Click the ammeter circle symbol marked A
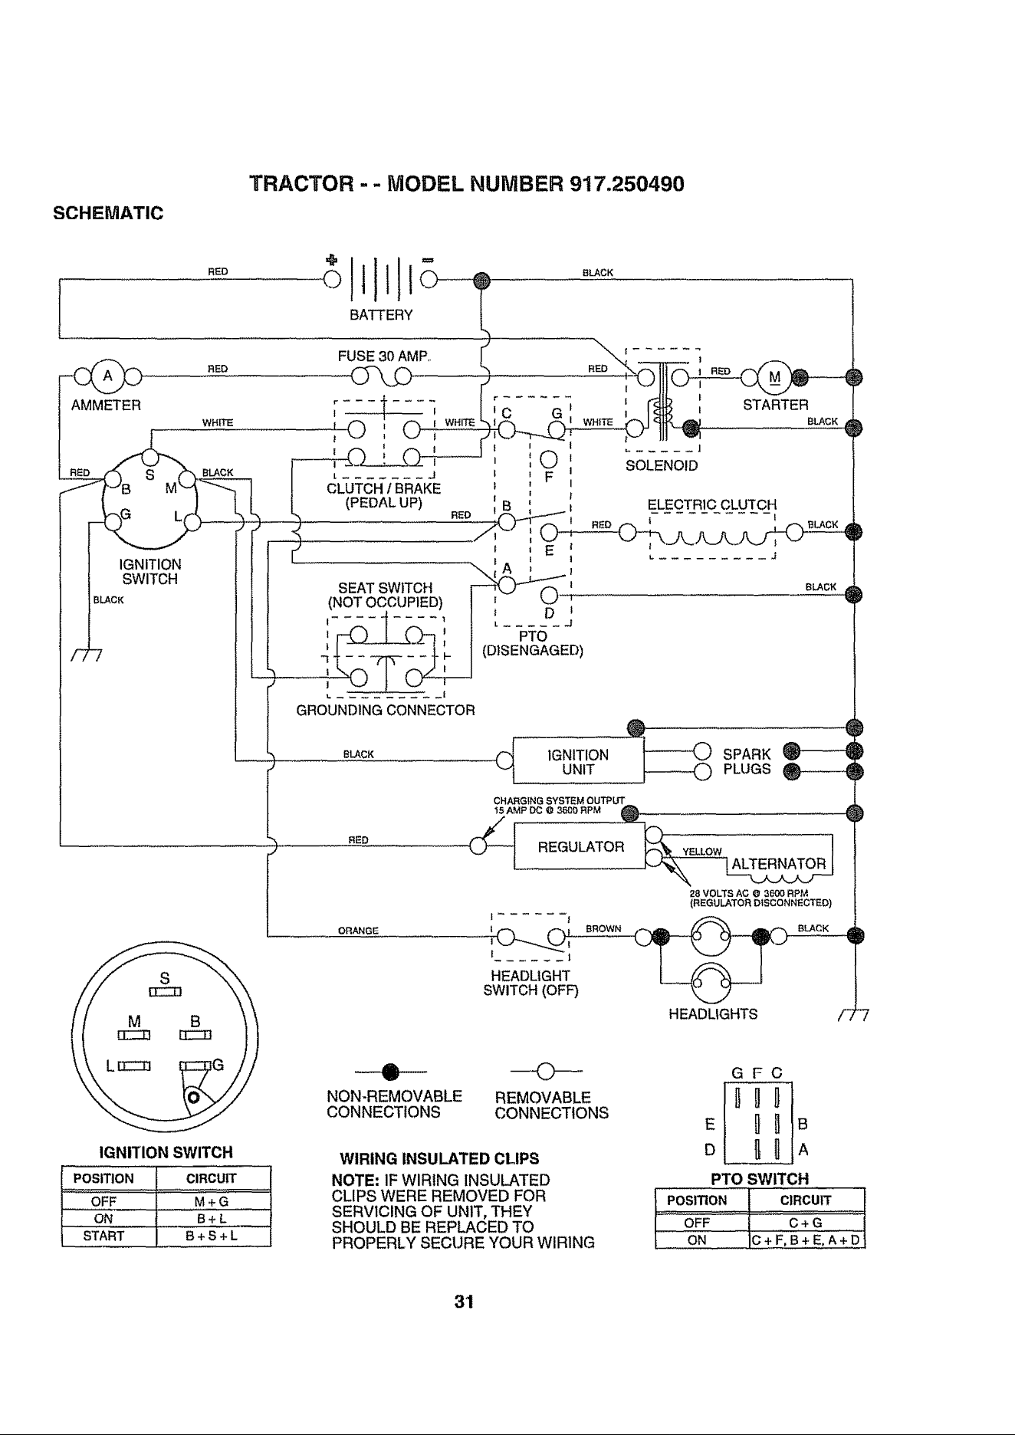coord(108,376)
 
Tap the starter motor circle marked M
coord(774,376)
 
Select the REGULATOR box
coord(580,846)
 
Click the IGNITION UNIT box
coord(577,761)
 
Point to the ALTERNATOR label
coord(779,864)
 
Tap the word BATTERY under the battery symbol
coord(381,315)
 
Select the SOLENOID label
coord(662,465)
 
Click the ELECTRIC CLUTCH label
coord(712,505)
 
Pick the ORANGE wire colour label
coord(358,931)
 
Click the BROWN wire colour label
coord(603,928)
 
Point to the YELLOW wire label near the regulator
coord(701,851)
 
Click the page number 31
coord(463,1302)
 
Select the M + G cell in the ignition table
coord(213,1201)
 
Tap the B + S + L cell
coord(213,1236)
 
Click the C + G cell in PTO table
coord(806,1223)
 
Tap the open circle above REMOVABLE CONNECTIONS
coord(547,1070)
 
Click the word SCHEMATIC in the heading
coord(108,213)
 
